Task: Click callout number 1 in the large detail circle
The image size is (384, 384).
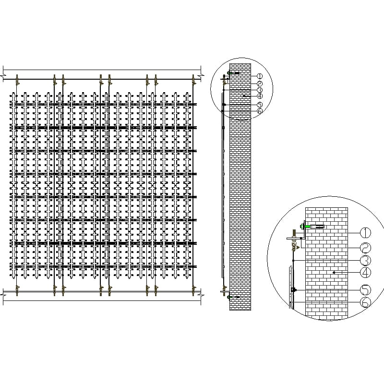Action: (365, 232)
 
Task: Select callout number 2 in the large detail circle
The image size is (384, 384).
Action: (365, 248)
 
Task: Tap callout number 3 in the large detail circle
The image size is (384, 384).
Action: (365, 260)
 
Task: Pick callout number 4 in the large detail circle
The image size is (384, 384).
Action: (365, 272)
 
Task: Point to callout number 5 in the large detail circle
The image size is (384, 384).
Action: (365, 290)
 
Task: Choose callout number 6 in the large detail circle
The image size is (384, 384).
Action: (365, 302)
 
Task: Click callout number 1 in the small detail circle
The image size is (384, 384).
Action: (260, 76)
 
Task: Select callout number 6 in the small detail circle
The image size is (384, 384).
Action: (260, 111)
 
